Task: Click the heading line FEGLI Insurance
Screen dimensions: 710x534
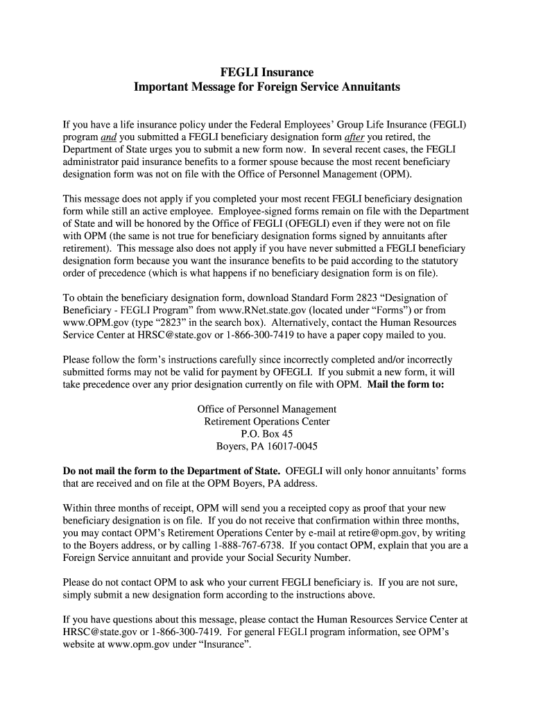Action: pyautogui.click(x=267, y=72)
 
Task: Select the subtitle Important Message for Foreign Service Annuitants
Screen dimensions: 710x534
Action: pyautogui.click(x=267, y=87)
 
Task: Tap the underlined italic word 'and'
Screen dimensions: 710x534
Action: pyautogui.click(x=108, y=137)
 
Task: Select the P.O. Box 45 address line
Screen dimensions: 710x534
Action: pyautogui.click(x=267, y=434)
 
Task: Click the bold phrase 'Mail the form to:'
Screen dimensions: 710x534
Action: pyautogui.click(x=406, y=385)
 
